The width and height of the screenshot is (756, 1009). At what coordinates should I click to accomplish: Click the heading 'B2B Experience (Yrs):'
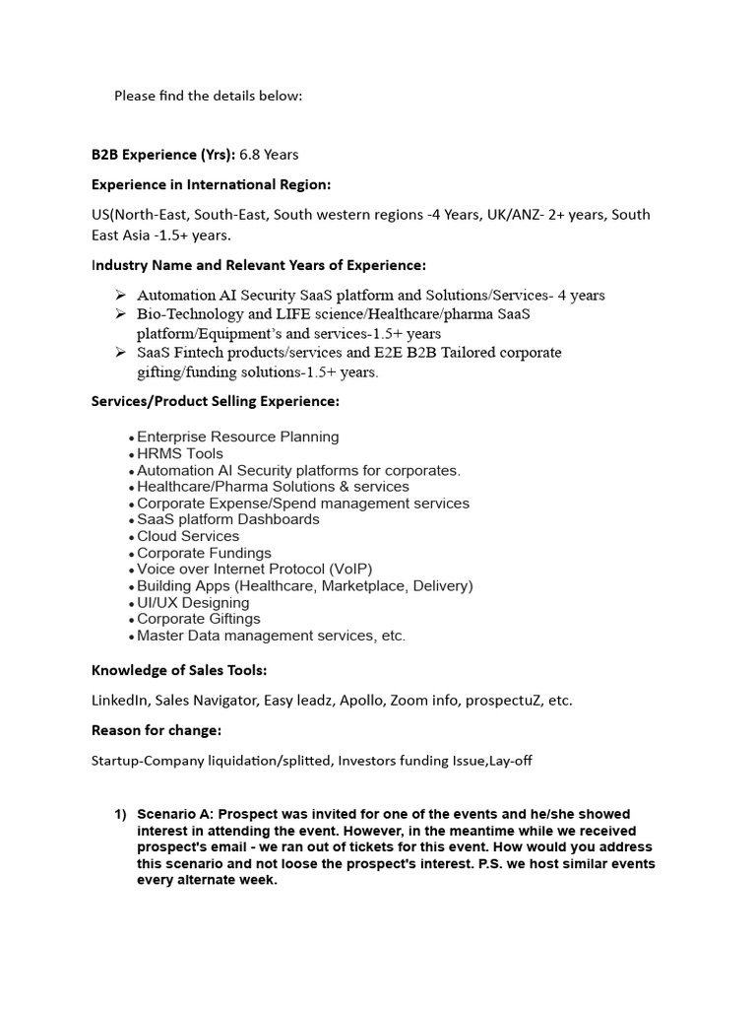click(x=162, y=155)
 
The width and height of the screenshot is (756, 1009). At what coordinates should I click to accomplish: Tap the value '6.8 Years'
click(x=269, y=155)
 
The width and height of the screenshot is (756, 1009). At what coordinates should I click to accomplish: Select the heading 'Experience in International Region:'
click(x=211, y=184)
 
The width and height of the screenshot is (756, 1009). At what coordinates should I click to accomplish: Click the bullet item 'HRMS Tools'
click(x=180, y=453)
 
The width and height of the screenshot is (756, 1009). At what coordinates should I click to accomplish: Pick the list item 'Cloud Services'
click(x=188, y=536)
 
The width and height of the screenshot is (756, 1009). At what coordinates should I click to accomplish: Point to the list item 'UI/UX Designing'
click(x=193, y=602)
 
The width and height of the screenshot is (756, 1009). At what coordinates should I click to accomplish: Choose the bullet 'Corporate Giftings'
click(x=199, y=619)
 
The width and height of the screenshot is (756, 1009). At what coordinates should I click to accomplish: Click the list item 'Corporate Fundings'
click(x=204, y=553)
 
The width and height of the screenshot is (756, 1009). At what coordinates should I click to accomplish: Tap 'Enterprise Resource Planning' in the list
click(x=238, y=437)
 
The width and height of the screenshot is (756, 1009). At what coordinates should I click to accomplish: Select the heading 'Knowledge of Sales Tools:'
click(x=179, y=671)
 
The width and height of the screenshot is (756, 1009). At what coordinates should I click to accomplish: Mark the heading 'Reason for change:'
click(x=157, y=730)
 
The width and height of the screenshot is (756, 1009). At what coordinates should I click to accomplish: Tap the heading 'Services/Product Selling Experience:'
click(x=216, y=401)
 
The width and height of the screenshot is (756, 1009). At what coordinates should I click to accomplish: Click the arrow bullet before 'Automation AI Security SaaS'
click(x=120, y=295)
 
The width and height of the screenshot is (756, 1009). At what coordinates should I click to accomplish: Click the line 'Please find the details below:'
click(x=209, y=96)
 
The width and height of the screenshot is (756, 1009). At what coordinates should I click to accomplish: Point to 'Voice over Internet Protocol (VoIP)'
click(x=255, y=570)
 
